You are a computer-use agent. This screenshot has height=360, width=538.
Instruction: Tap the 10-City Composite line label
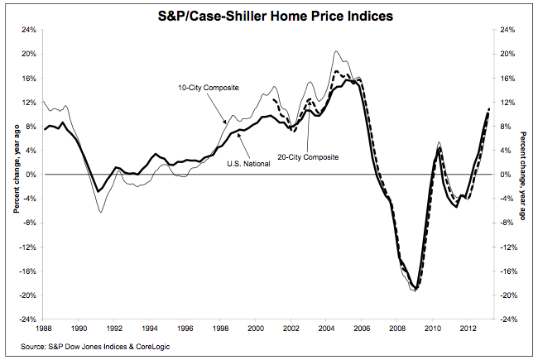pyautogui.click(x=204, y=87)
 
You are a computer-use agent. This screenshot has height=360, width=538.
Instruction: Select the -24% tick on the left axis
pyautogui.click(x=27, y=319)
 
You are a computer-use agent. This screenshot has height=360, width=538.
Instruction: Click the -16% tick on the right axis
pyautogui.click(x=510, y=271)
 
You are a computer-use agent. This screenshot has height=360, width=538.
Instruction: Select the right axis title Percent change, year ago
pyautogui.click(x=524, y=175)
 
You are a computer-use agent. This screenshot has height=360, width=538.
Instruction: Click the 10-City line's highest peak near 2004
pyautogui.click(x=335, y=51)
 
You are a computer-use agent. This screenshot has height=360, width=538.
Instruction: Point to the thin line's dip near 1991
pyautogui.click(x=101, y=213)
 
